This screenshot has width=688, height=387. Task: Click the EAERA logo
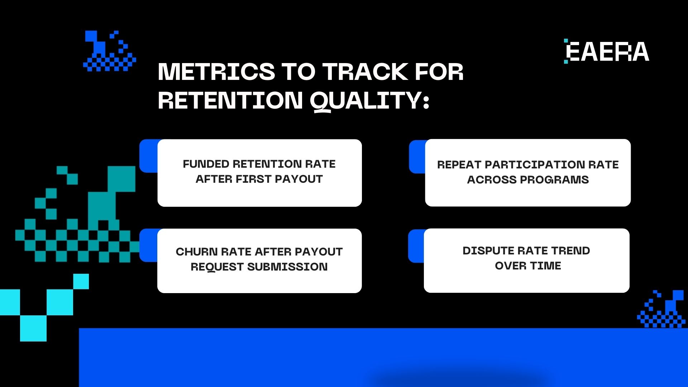607,52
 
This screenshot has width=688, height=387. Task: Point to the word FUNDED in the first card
206,164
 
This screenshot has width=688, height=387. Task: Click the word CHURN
196,252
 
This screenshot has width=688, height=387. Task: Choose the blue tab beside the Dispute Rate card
416,246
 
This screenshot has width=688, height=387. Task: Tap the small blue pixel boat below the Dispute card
662,310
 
